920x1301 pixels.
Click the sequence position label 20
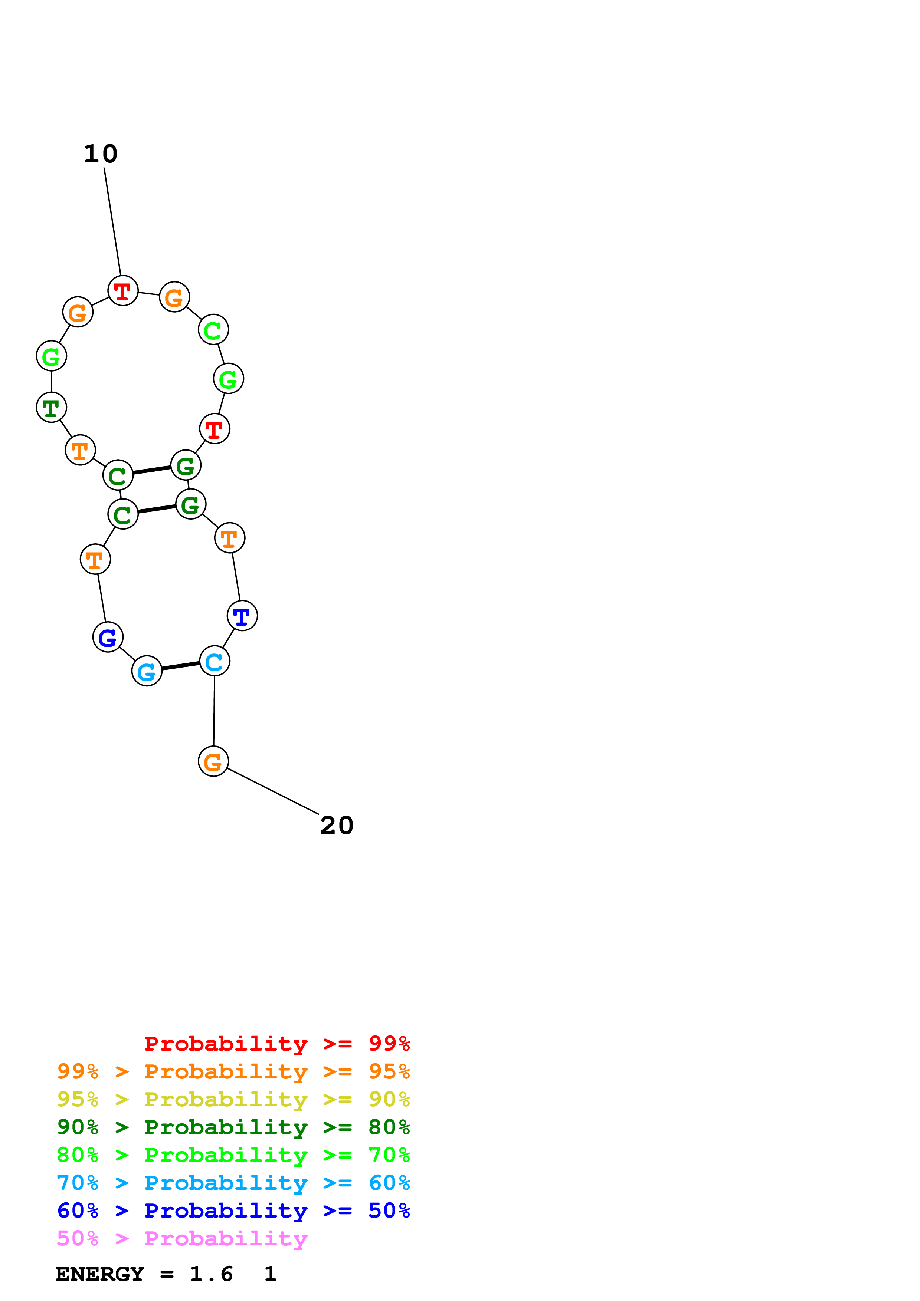(336, 826)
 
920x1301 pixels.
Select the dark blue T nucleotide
(242, 616)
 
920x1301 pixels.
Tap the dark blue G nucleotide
(108, 638)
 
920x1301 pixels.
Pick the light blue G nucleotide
(147, 672)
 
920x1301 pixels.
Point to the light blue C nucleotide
(214, 661)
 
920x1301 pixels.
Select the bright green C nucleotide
(213, 330)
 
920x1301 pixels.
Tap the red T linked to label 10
(123, 291)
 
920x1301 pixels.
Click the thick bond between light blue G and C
(180, 666)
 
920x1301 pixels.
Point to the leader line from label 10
(112, 221)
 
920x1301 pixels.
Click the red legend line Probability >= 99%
(276, 1044)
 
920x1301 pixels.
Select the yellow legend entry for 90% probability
(233, 1099)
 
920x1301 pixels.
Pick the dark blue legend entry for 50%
(233, 1211)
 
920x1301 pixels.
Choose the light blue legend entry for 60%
(233, 1183)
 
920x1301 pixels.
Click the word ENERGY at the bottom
(100, 1274)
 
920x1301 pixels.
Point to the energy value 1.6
(211, 1274)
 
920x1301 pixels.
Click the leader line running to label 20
(272, 791)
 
